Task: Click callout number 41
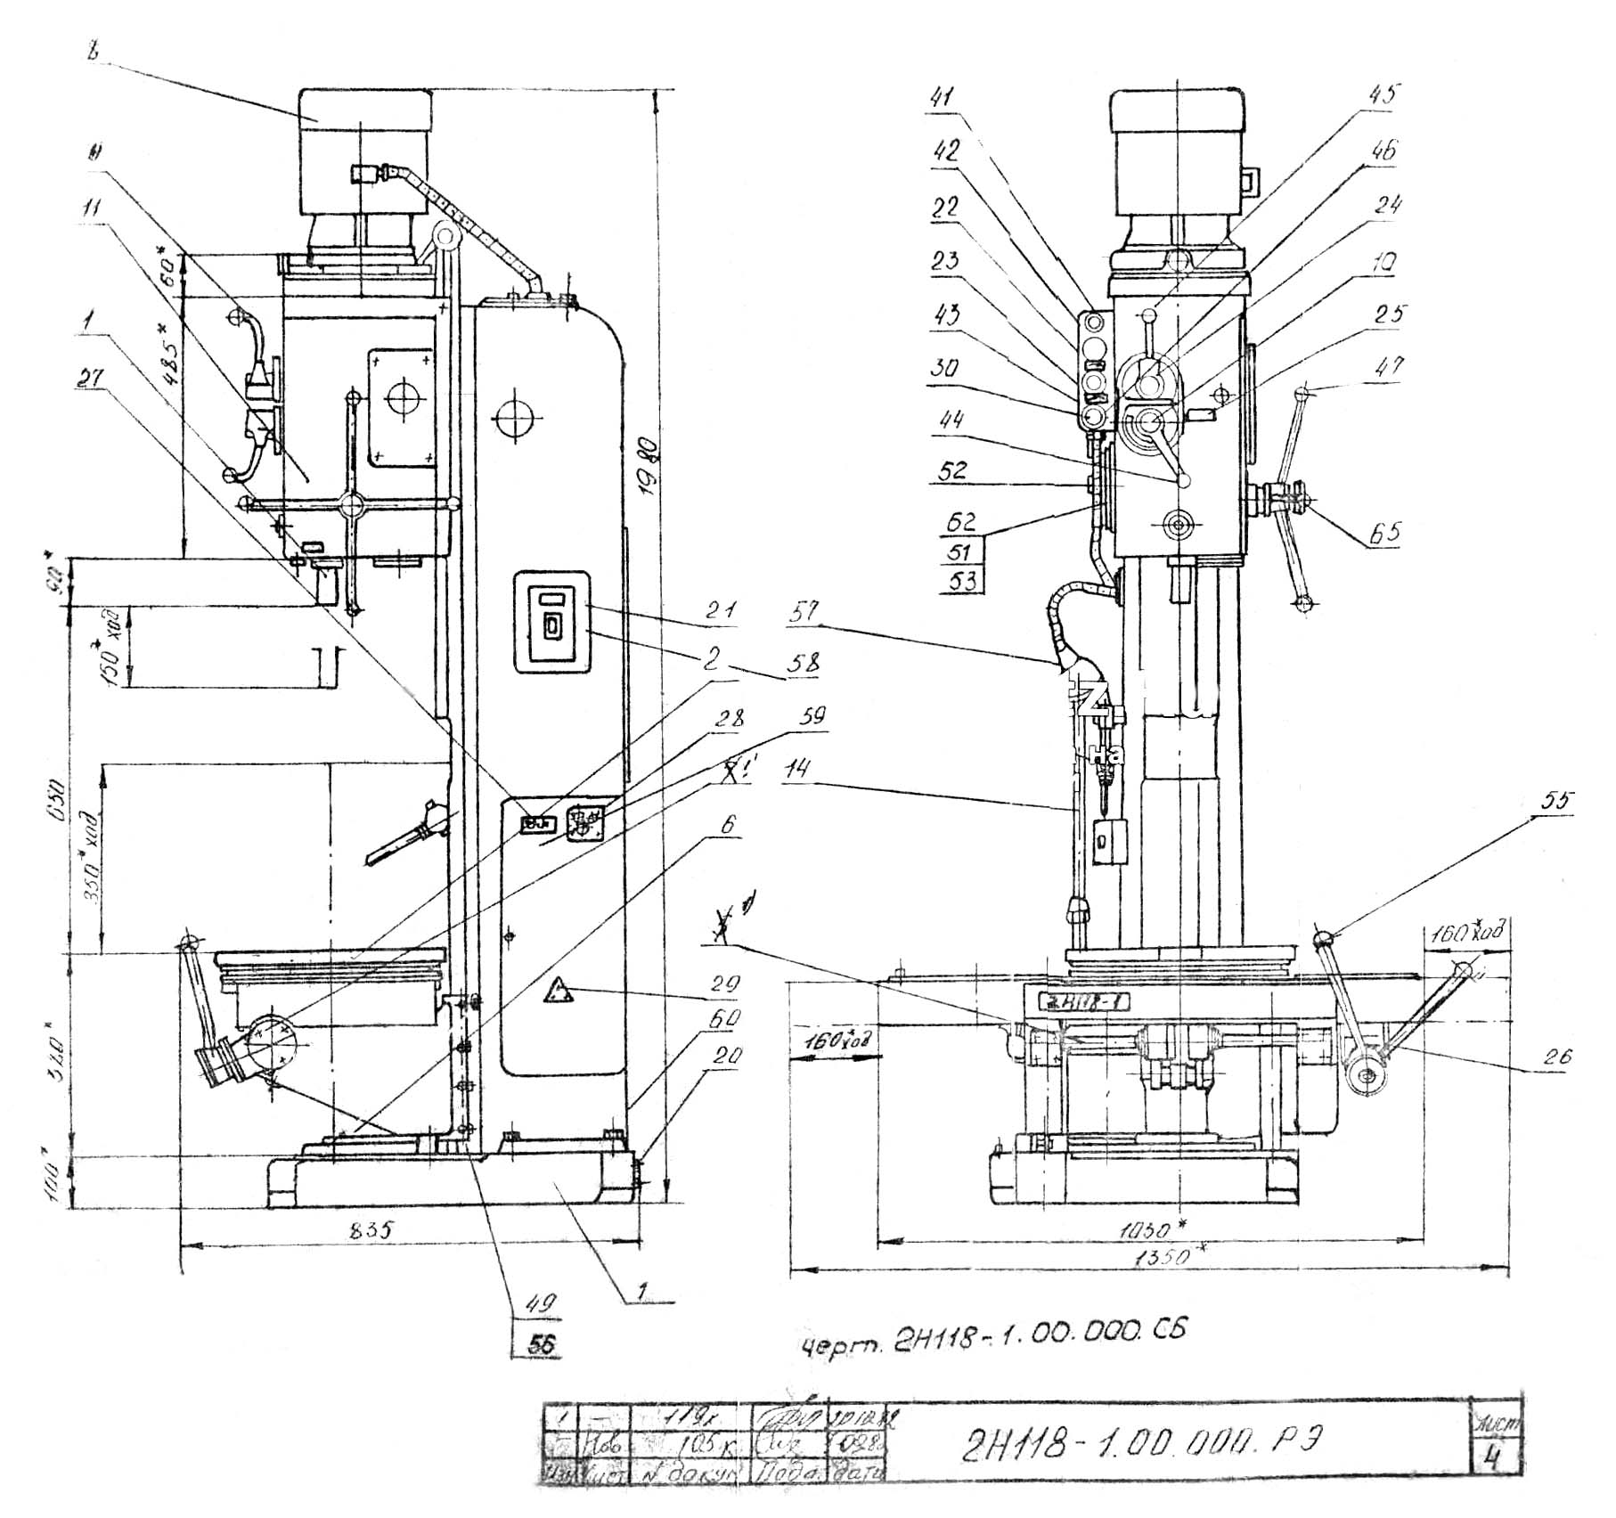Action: [941, 95]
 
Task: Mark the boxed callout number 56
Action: [541, 1343]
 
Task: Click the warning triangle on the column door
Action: [559, 992]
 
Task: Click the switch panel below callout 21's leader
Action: [551, 622]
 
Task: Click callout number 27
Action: [90, 379]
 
